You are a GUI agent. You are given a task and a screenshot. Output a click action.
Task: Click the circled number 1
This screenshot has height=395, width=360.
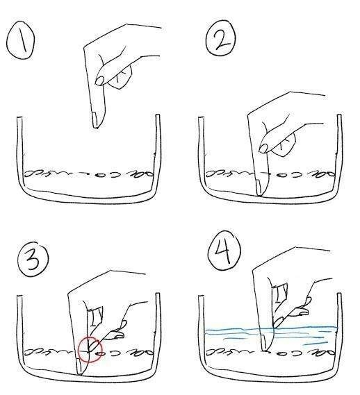click(x=21, y=40)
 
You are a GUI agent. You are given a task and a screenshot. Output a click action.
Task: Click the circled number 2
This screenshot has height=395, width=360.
click(x=222, y=37)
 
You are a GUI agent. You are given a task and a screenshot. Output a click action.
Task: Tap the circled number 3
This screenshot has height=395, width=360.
click(x=33, y=259)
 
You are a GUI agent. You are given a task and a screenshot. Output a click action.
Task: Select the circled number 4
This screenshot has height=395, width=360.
click(x=224, y=251)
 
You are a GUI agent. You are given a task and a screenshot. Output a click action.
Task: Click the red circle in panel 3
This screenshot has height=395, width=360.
click(x=90, y=349)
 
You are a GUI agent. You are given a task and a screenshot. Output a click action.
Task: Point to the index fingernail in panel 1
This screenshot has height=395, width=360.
click(x=95, y=120)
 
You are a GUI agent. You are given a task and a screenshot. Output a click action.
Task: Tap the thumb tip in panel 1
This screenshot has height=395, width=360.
click(x=99, y=81)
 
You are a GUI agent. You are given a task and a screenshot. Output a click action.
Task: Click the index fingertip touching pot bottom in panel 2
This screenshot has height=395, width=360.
click(x=259, y=194)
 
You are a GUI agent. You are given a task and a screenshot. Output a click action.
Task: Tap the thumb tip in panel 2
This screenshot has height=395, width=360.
click(x=263, y=149)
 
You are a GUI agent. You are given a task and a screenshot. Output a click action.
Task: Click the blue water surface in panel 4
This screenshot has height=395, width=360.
click(x=272, y=328)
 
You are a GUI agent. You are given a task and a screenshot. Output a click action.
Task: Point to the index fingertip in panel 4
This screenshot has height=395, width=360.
click(x=265, y=349)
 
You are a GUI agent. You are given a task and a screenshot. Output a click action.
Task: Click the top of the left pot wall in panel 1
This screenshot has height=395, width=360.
click(x=19, y=117)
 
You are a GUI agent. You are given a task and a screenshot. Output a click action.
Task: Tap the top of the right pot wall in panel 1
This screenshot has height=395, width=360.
click(x=158, y=116)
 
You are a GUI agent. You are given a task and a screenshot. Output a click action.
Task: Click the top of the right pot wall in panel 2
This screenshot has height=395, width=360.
click(x=339, y=116)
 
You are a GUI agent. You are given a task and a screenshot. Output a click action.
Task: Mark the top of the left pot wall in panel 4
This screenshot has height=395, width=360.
click(x=201, y=296)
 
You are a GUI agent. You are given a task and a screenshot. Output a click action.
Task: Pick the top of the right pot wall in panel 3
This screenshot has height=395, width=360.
click(x=158, y=294)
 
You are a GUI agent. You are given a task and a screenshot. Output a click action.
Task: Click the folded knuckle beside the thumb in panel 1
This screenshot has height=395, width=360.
click(x=121, y=78)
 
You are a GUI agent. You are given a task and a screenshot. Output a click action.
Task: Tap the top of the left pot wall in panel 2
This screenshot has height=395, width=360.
click(x=201, y=118)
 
